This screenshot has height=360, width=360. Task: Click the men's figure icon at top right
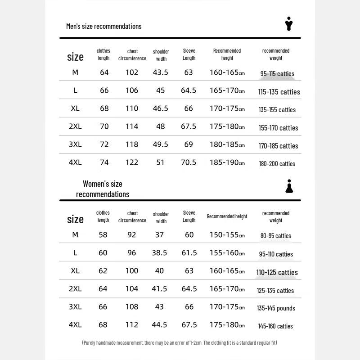tap(289, 24)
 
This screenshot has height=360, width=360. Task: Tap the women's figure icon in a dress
tap(289, 186)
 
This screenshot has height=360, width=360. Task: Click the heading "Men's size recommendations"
tap(103, 26)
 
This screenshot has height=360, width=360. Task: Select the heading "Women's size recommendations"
tap(103, 189)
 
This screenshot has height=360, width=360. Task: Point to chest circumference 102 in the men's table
tap(132, 72)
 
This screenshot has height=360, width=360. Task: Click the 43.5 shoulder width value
tap(161, 72)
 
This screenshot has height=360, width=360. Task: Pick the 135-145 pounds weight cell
tap(276, 308)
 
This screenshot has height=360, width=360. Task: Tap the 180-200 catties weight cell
tap(277, 164)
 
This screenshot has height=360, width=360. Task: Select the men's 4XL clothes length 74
tap(104, 162)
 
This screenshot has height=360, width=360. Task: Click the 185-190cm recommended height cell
tap(227, 162)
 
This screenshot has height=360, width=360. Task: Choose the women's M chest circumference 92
tap(132, 234)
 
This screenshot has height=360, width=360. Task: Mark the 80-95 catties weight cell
tap(275, 236)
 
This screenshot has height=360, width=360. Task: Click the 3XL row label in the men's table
tap(75, 144)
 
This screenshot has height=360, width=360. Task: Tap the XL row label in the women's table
tap(75, 270)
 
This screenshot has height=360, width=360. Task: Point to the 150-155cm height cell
tap(227, 234)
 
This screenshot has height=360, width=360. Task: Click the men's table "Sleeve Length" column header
tap(189, 54)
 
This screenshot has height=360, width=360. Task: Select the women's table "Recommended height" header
tap(227, 216)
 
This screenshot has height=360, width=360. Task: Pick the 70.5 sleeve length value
tap(189, 162)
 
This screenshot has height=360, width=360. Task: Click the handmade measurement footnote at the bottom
tap(180, 343)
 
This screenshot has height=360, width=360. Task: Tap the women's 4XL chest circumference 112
tap(132, 324)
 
